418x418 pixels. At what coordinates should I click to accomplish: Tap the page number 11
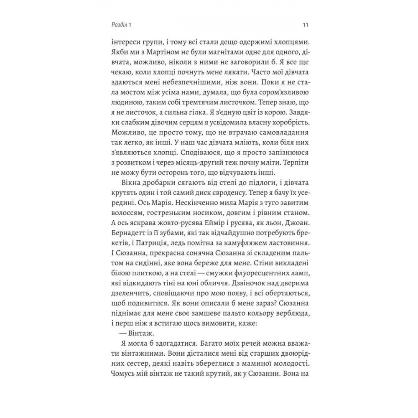306,25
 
